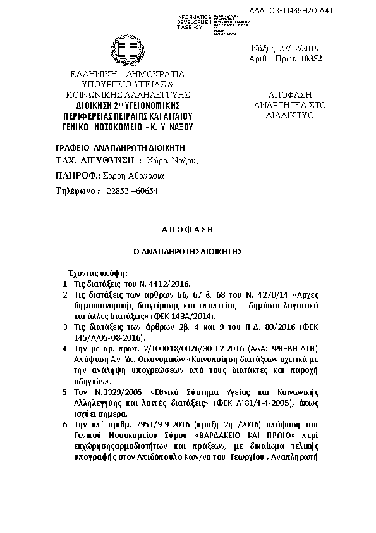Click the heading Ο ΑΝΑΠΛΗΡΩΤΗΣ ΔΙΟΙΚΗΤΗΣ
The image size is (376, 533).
tap(188, 251)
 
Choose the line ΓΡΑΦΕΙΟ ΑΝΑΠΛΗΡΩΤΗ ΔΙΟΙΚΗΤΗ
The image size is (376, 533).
tap(111, 146)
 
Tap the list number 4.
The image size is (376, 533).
tap(66, 348)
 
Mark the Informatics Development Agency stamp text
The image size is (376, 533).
tap(198, 20)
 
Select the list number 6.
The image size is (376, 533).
tap(66, 426)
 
